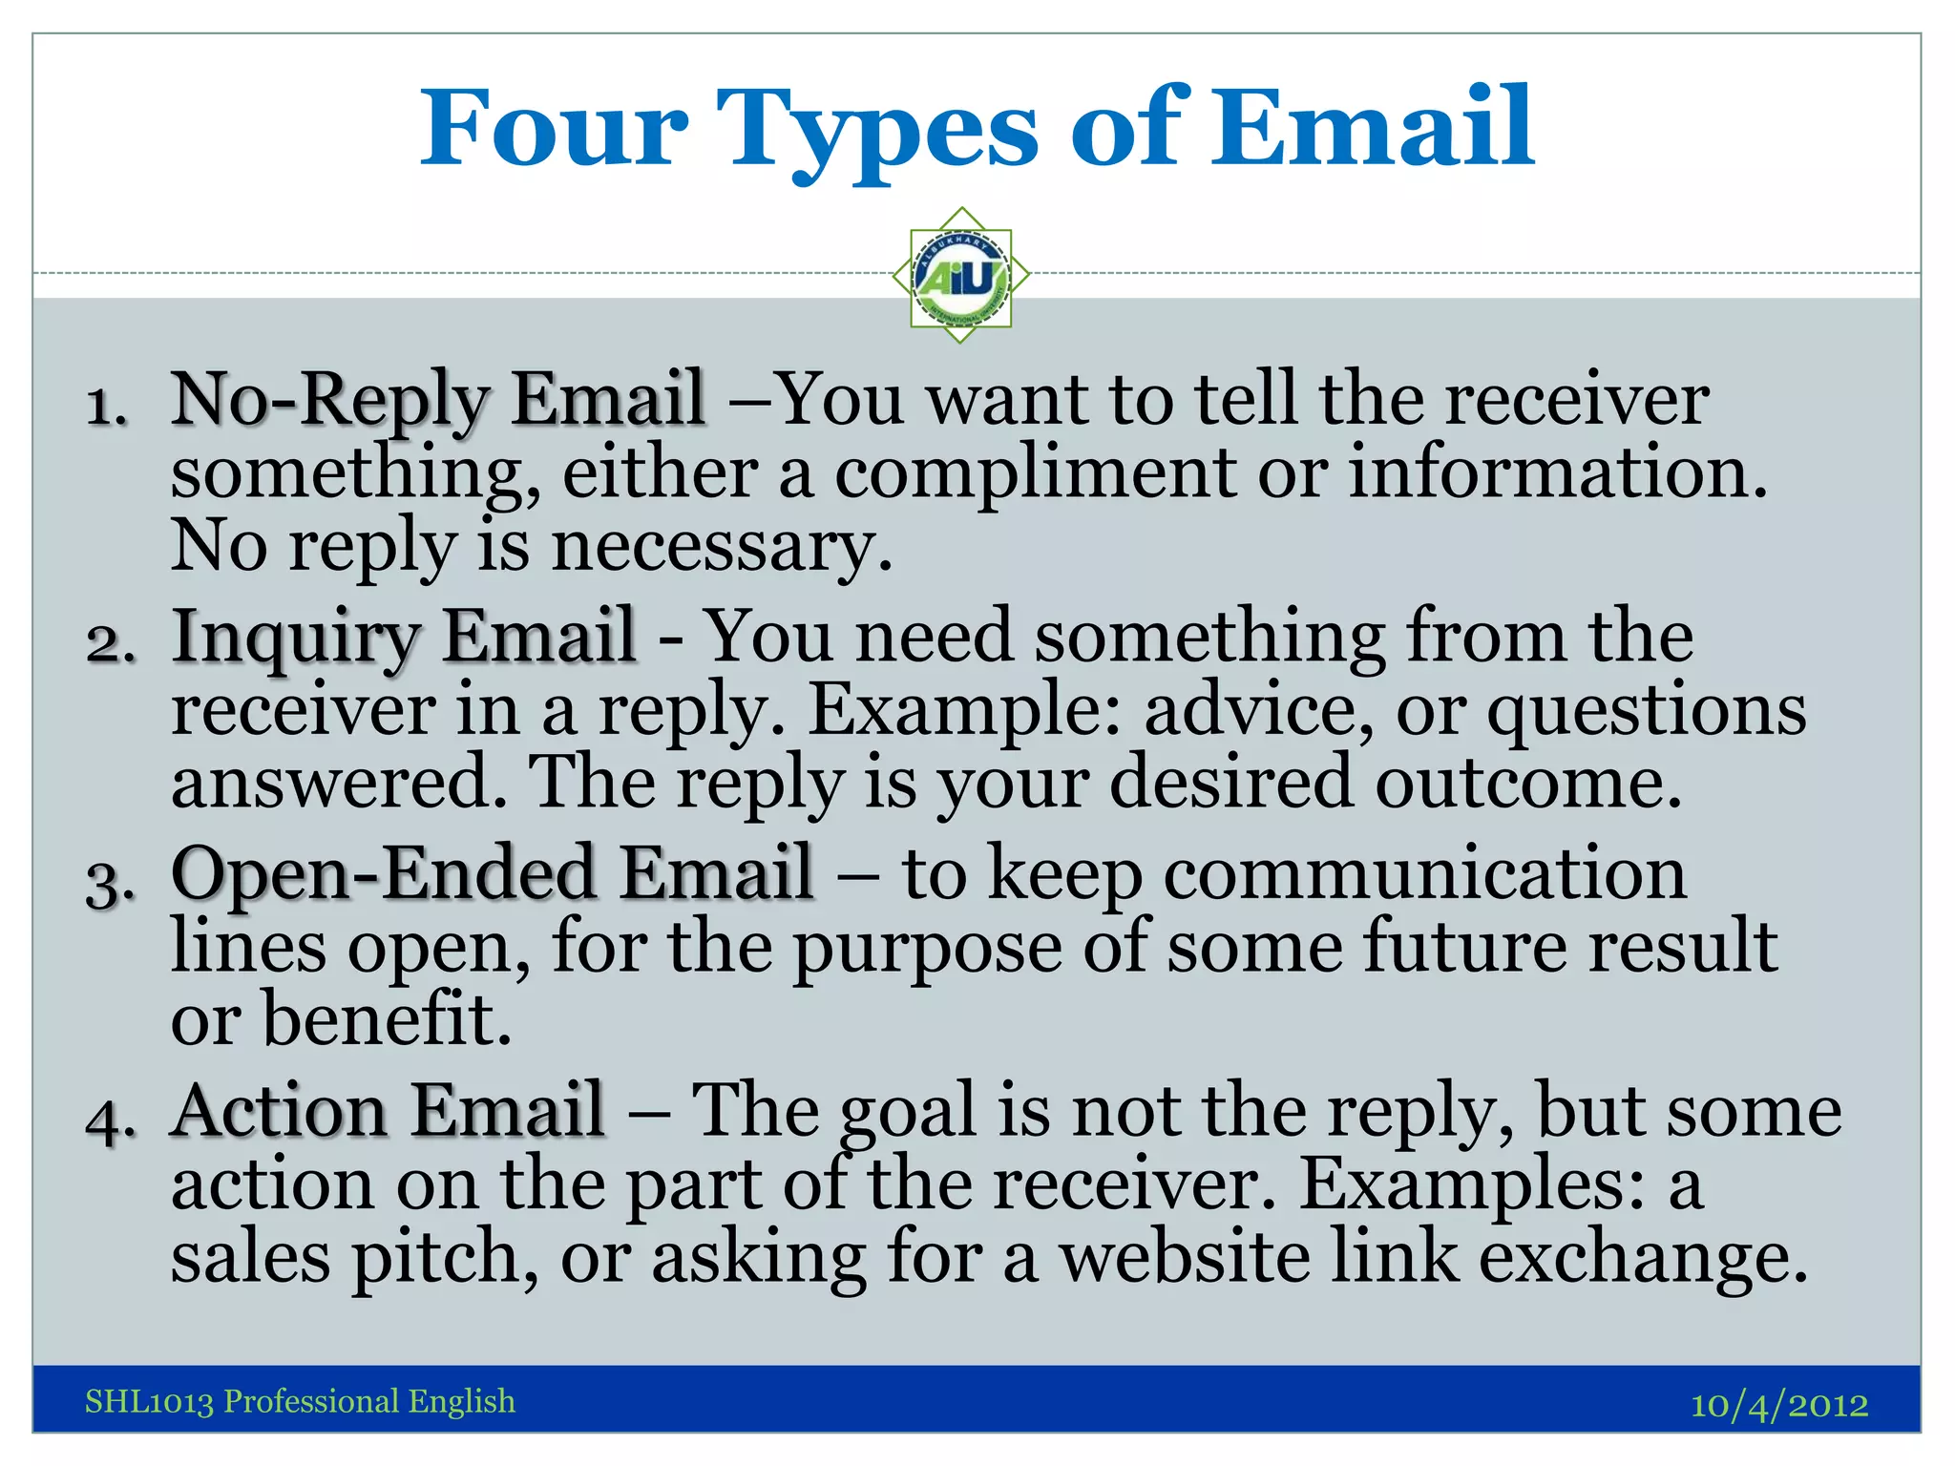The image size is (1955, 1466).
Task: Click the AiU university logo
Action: click(961, 276)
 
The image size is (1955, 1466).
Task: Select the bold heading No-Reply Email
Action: click(438, 400)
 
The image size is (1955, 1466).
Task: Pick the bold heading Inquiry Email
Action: click(404, 637)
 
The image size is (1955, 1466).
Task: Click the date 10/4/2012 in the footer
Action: click(1778, 1404)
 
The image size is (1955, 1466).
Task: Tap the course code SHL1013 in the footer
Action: click(149, 1401)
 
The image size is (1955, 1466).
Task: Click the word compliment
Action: click(1035, 474)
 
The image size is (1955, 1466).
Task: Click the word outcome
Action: click(1527, 783)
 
